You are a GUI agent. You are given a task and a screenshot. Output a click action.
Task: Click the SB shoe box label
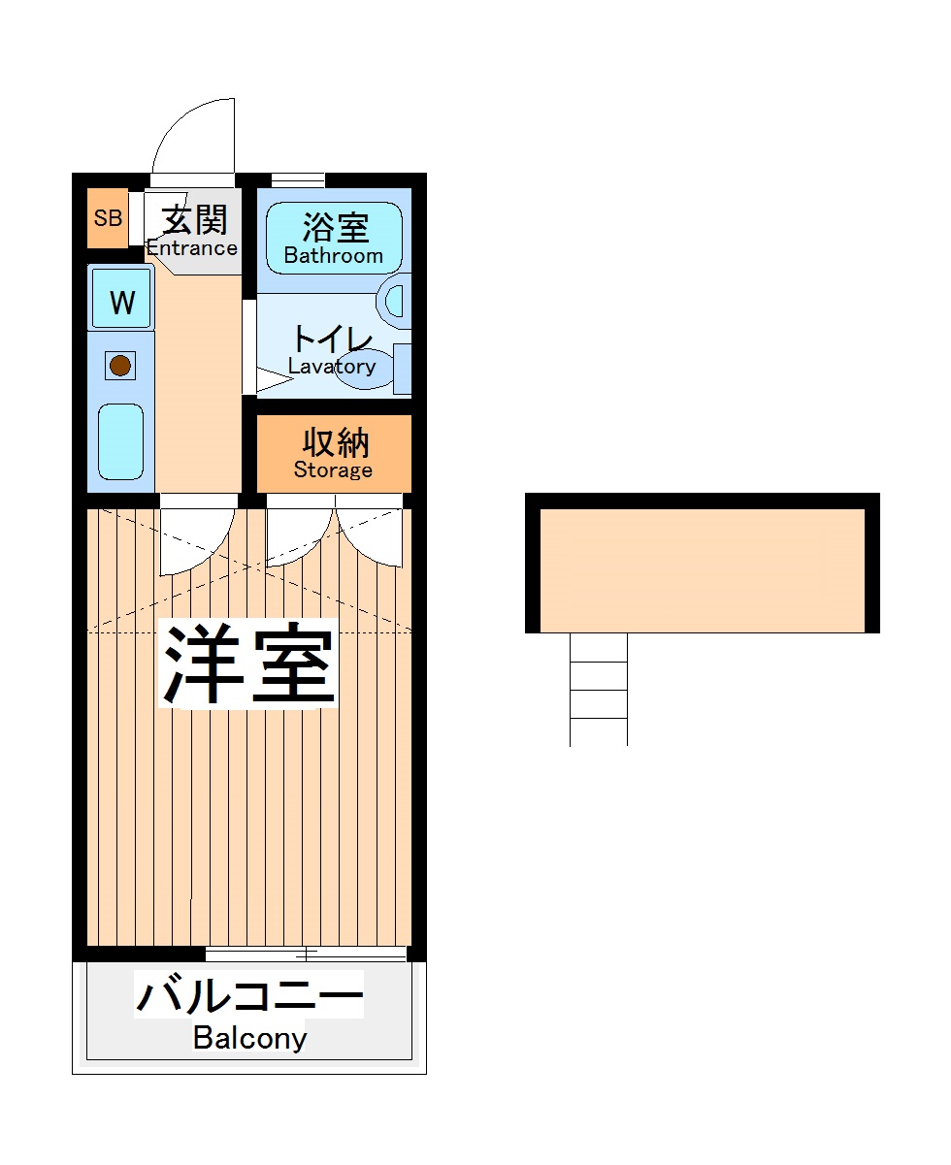coord(108,218)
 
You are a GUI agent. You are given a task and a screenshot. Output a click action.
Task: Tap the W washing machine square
coord(121,303)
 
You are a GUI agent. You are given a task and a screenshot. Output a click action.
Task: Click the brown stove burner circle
coord(120,366)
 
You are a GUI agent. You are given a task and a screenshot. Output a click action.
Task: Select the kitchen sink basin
coord(121,441)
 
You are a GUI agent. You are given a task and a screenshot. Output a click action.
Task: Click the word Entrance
coord(191,247)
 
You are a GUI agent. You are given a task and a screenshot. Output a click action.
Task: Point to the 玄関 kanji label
coord(194,220)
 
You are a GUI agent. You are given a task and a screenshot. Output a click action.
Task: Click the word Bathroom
coord(333,256)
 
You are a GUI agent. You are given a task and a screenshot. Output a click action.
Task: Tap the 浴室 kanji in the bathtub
coord(335,229)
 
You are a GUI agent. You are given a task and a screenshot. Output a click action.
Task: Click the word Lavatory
coord(331,366)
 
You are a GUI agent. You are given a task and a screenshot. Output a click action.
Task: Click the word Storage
coord(333,470)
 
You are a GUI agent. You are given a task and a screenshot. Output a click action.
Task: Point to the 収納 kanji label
coord(335,442)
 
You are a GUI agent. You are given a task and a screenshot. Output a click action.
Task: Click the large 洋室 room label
coord(249,665)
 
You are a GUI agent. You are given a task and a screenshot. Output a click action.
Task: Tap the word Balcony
coord(249,1038)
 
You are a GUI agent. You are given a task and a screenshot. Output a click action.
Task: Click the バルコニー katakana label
coord(249,996)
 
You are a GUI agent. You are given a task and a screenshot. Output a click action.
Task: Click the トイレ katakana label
coord(333,340)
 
